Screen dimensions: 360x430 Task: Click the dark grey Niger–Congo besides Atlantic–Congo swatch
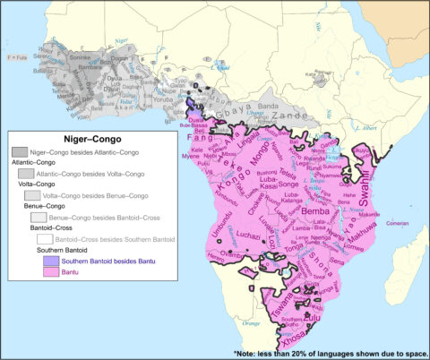(19, 153)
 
